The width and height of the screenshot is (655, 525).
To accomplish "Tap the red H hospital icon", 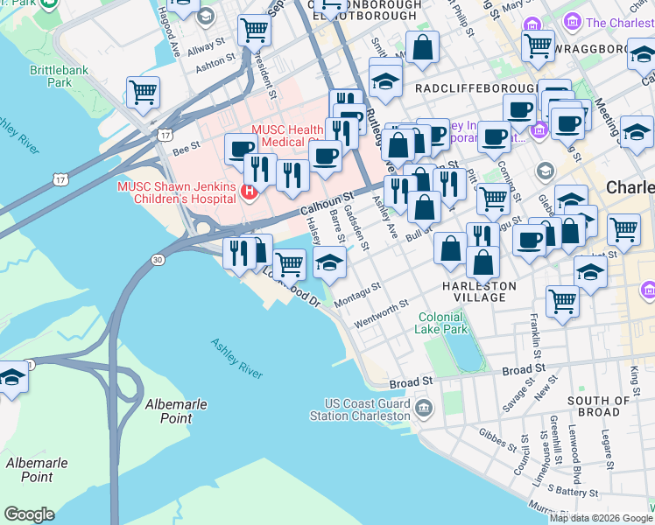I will [x=249, y=191].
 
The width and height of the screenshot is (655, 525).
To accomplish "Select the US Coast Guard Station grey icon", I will [x=423, y=407].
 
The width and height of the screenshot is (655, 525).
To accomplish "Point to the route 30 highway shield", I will [x=158, y=260].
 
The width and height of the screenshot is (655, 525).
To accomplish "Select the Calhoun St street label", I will [x=325, y=205].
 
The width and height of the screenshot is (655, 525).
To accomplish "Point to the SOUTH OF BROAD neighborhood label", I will [x=598, y=406].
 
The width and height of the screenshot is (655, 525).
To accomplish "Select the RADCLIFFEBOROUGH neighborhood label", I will [x=475, y=88].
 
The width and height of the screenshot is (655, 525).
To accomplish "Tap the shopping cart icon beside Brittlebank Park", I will [x=143, y=91].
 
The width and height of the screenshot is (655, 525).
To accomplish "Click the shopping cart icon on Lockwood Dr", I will [x=289, y=262].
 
